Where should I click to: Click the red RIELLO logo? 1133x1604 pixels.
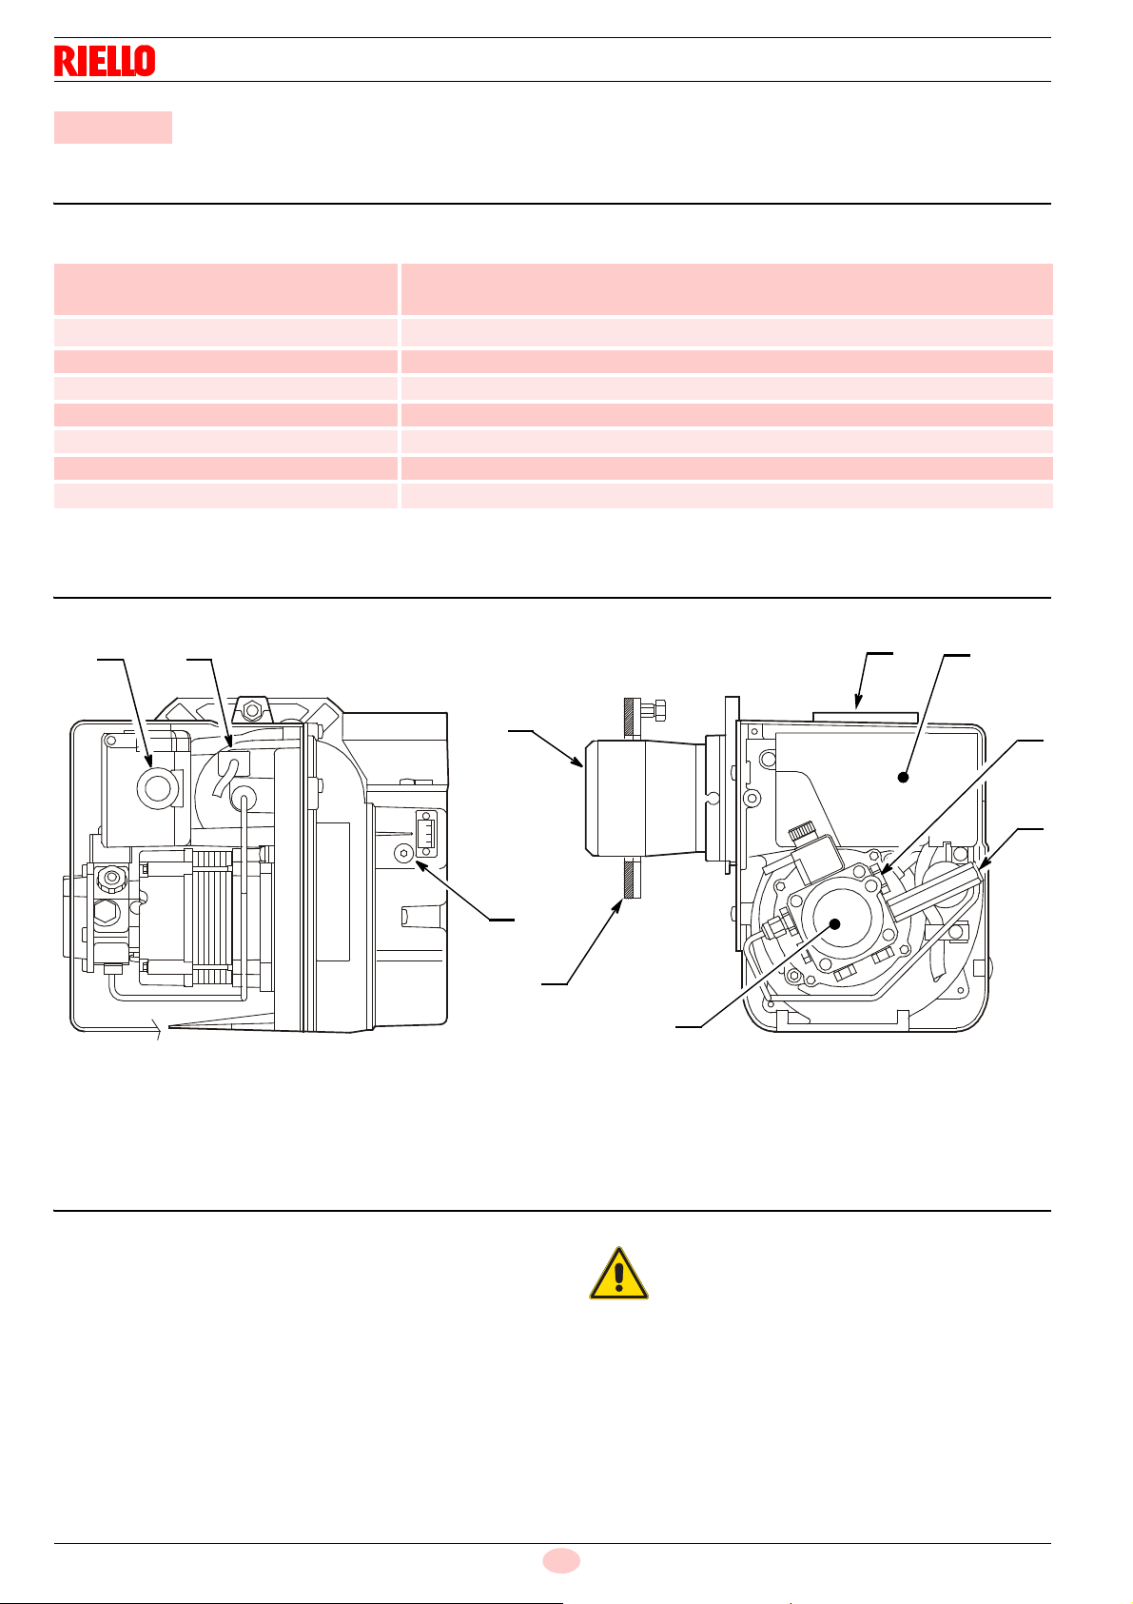(x=105, y=61)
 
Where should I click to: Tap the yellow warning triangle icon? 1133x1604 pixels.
(x=618, y=1273)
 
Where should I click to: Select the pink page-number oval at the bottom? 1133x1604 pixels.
(x=561, y=1560)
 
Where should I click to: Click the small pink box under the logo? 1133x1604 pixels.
(x=112, y=127)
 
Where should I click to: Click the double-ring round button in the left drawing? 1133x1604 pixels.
(x=152, y=785)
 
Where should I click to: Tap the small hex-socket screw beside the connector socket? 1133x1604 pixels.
(x=405, y=854)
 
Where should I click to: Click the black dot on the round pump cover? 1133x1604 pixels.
(x=834, y=922)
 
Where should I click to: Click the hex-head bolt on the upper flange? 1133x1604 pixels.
(x=654, y=709)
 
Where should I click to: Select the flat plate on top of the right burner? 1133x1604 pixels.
(x=865, y=716)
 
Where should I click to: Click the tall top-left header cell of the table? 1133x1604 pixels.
(x=225, y=289)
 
